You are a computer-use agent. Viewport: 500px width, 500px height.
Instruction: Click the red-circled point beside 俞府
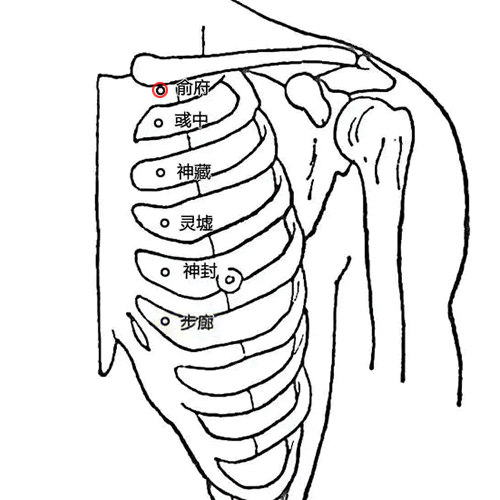pyautogui.click(x=160, y=90)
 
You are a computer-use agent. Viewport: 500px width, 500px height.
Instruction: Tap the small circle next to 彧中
pyautogui.click(x=159, y=123)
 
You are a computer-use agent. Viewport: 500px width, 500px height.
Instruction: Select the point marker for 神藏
pyautogui.click(x=161, y=173)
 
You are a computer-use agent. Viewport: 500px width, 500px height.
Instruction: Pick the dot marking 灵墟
pyautogui.click(x=165, y=223)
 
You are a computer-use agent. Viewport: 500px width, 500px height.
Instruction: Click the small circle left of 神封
pyautogui.click(x=165, y=272)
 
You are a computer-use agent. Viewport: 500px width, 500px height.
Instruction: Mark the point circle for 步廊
pyautogui.click(x=165, y=321)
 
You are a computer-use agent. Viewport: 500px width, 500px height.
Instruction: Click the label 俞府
pyautogui.click(x=193, y=88)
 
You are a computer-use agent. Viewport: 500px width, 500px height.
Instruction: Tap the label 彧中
pyautogui.click(x=191, y=120)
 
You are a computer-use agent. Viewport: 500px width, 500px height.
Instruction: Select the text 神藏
pyautogui.click(x=194, y=172)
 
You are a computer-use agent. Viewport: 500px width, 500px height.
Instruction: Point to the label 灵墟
pyautogui.click(x=196, y=223)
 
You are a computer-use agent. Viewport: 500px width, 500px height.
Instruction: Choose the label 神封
pyautogui.click(x=200, y=270)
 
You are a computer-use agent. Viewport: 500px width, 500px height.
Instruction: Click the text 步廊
pyautogui.click(x=197, y=322)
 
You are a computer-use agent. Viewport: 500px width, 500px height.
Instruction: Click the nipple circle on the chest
pyautogui.click(x=229, y=280)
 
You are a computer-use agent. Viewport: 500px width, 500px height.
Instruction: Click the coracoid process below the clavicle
pyautogui.click(x=308, y=98)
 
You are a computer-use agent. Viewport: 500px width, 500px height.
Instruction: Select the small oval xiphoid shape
pyautogui.click(x=138, y=332)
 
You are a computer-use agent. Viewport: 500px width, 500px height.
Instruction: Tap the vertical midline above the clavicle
pyautogui.click(x=203, y=41)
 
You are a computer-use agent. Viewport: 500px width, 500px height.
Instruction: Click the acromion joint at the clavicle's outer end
pyautogui.click(x=363, y=60)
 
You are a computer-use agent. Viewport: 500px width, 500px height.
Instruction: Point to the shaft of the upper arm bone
pyautogui.click(x=387, y=267)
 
